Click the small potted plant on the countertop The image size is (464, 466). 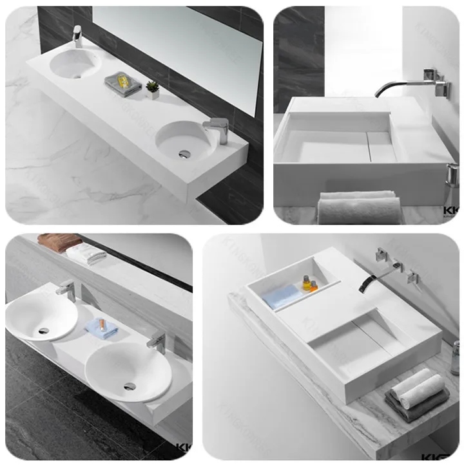click(x=153, y=89)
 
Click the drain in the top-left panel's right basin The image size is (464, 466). click(x=185, y=153)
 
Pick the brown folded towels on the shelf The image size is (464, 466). click(x=60, y=241)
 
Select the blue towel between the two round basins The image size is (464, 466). click(x=102, y=326)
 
